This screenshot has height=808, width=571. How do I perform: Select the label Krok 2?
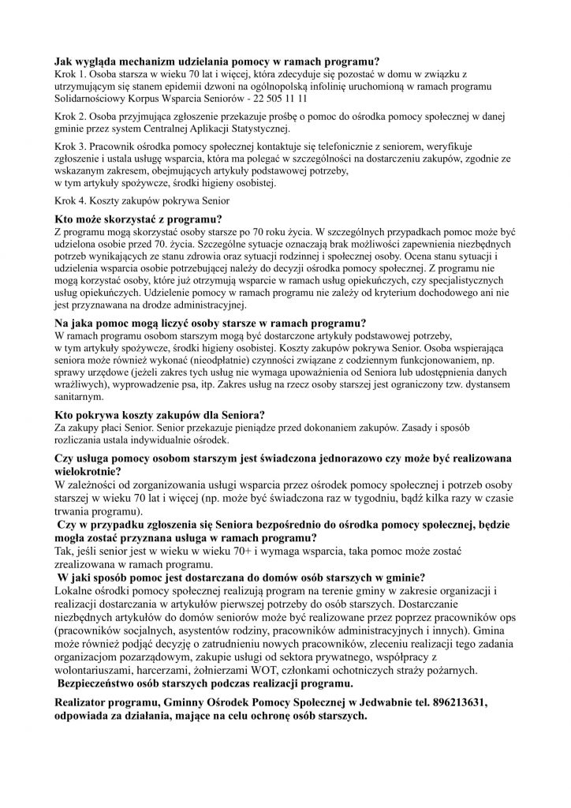click(69, 116)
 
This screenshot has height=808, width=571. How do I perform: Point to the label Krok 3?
click(69, 146)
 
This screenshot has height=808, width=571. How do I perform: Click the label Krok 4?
click(69, 200)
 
